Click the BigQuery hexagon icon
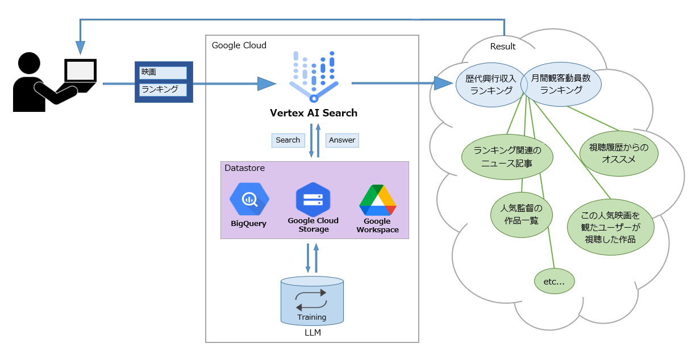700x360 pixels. [x=249, y=199]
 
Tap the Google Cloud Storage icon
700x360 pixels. [x=313, y=199]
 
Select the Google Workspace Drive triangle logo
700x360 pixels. [x=377, y=200]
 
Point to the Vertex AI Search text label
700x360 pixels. [x=314, y=112]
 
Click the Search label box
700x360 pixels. [x=288, y=140]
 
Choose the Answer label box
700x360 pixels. [x=342, y=140]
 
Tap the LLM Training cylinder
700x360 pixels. [x=312, y=301]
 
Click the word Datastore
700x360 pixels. [x=245, y=169]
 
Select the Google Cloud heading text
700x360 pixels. [x=239, y=45]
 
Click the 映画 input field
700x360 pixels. [x=163, y=73]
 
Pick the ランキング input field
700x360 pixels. [x=163, y=90]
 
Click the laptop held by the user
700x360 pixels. [x=80, y=72]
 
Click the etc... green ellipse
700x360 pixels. [x=555, y=281]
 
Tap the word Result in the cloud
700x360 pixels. [x=503, y=47]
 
